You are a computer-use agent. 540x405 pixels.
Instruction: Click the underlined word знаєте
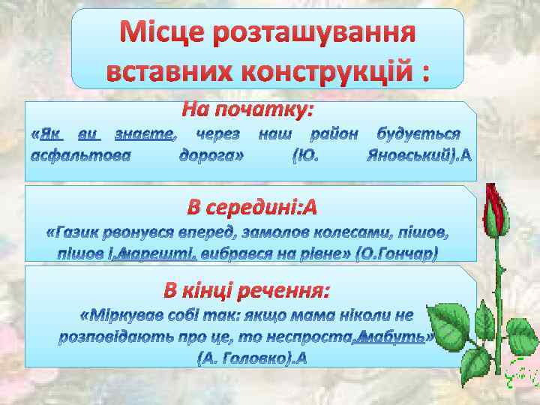coord(145,135)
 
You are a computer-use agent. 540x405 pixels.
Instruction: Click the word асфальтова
coord(79,156)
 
